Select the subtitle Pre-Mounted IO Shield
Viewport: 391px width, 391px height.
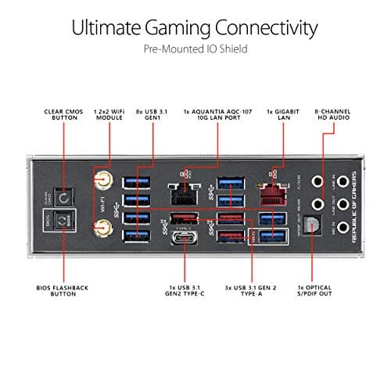(195, 49)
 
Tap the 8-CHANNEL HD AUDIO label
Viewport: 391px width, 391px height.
(334, 116)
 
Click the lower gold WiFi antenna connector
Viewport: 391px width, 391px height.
(101, 229)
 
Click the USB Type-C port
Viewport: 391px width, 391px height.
(182, 235)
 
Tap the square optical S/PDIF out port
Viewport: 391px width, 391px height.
(314, 224)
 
